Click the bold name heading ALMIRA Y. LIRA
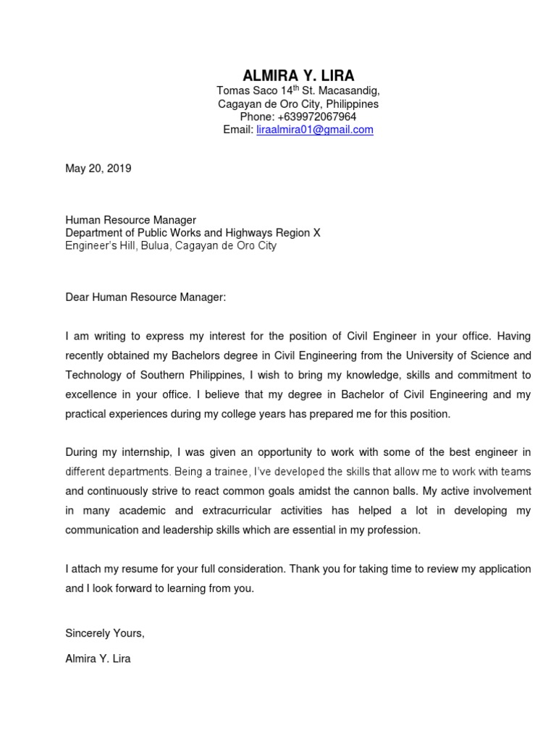(x=298, y=75)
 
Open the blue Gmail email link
(x=315, y=130)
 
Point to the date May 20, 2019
(x=98, y=169)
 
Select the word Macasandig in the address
(x=350, y=91)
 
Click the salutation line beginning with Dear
(x=146, y=297)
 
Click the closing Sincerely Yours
(x=105, y=633)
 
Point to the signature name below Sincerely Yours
(x=98, y=659)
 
